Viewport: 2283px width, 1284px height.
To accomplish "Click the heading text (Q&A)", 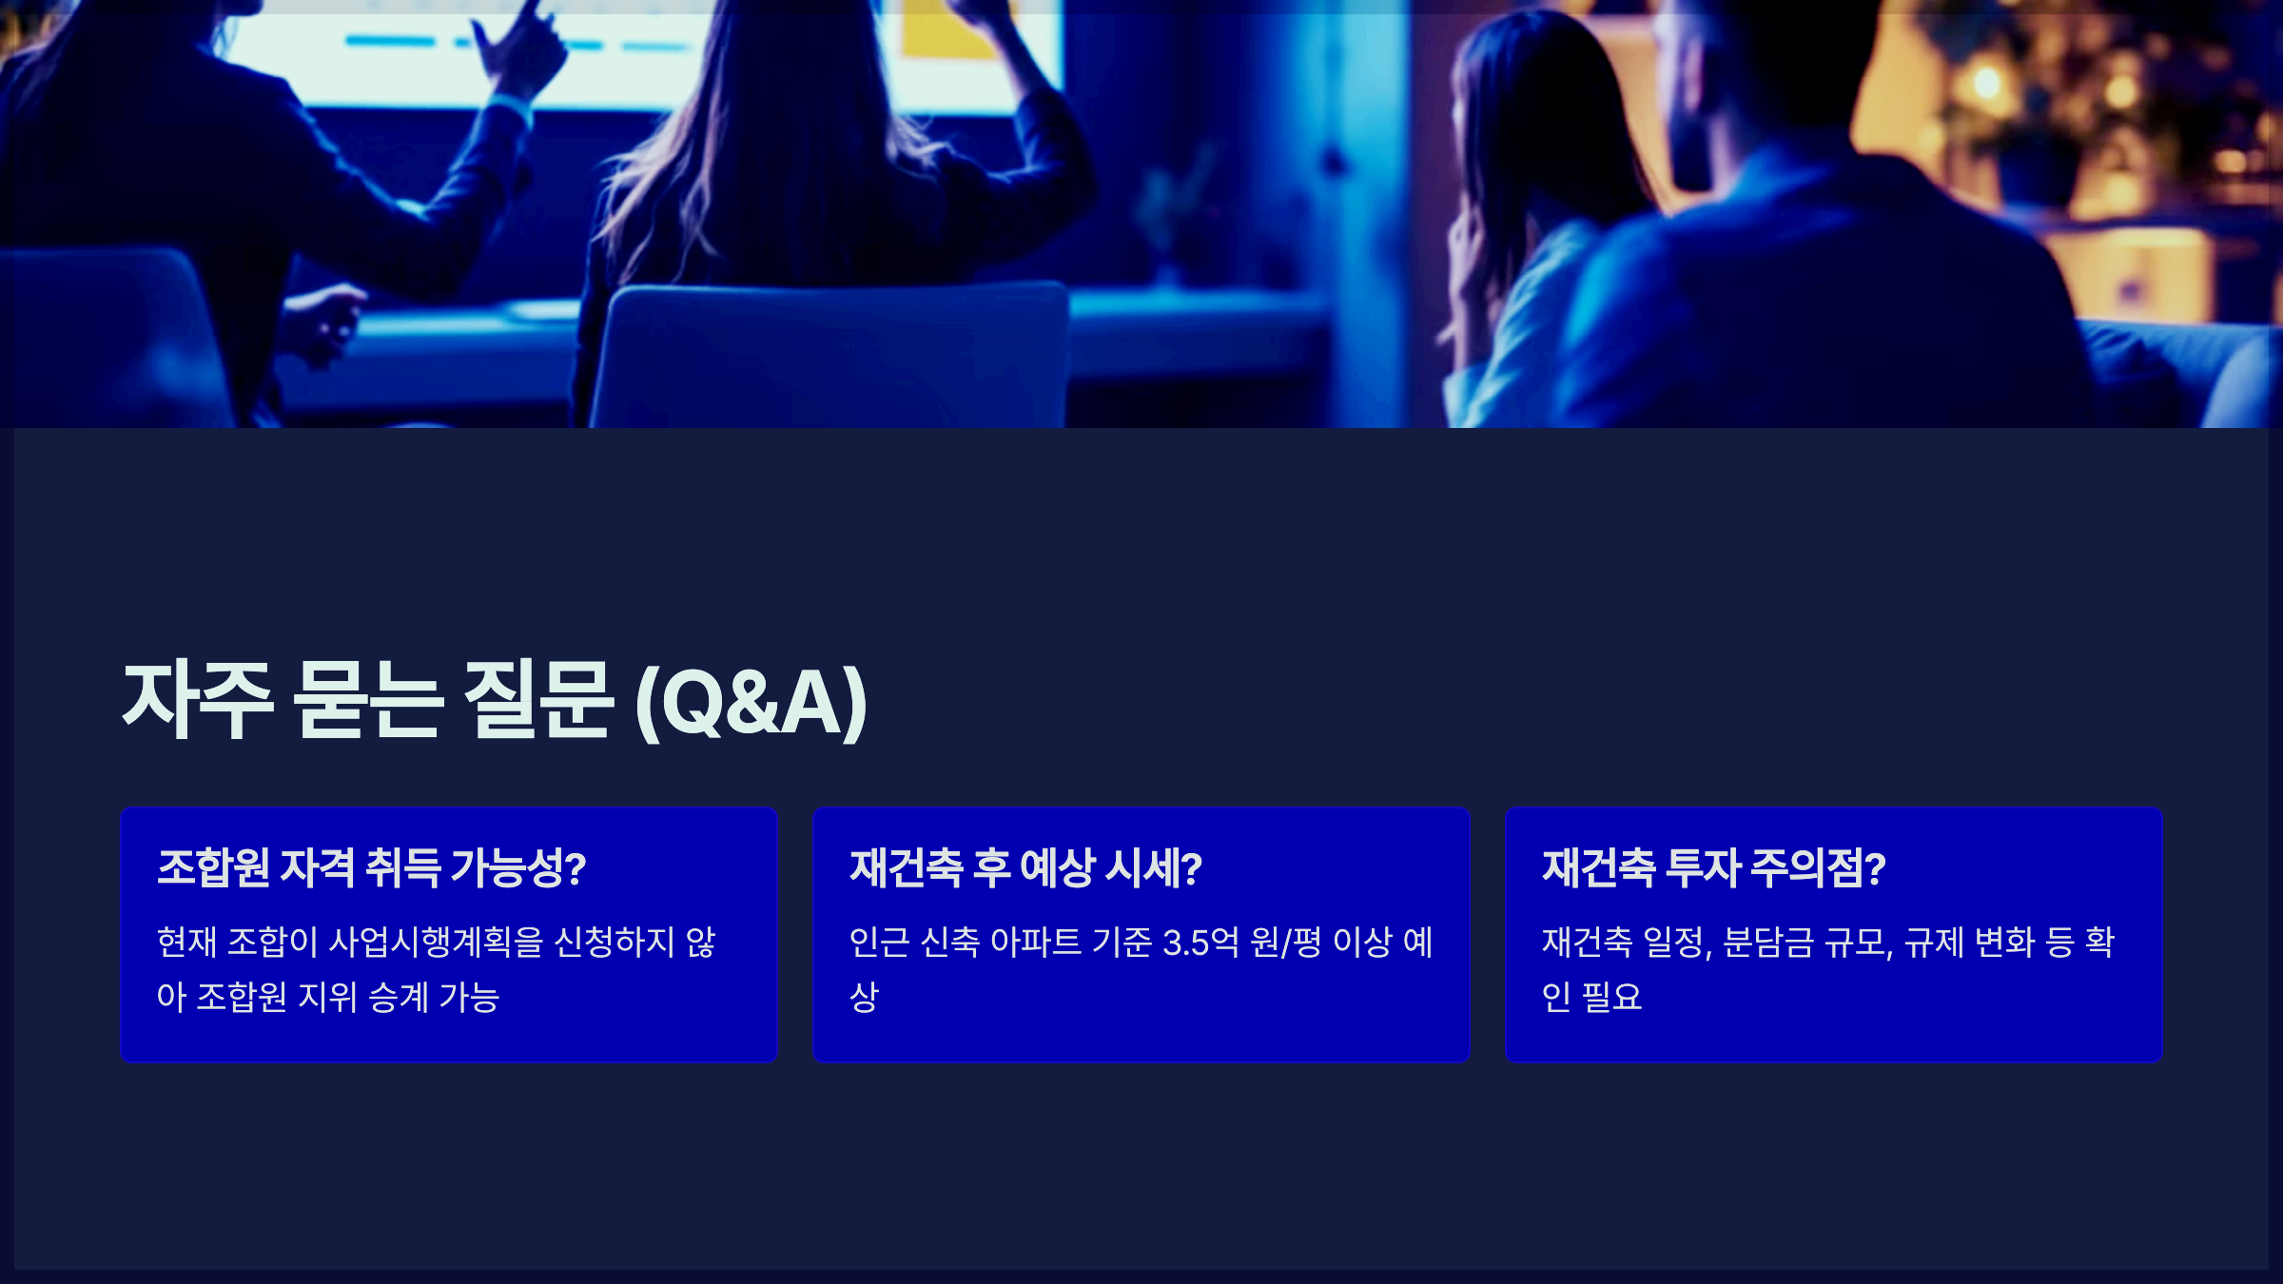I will [751, 702].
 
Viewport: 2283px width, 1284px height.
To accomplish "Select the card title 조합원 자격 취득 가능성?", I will [371, 867].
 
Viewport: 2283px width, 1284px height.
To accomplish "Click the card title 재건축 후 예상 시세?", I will [1025, 867].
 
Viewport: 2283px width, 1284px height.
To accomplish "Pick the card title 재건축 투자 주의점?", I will [1713, 867].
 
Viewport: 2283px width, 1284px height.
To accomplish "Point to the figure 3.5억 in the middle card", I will [1200, 943].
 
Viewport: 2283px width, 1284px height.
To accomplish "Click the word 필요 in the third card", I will [1611, 997].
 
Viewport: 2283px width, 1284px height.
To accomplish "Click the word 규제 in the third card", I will [1934, 943].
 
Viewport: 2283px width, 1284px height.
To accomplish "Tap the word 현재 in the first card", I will [186, 943].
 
